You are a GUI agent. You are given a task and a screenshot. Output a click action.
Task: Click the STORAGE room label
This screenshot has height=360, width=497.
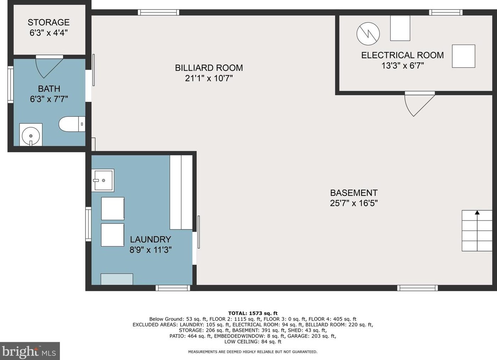click(49, 22)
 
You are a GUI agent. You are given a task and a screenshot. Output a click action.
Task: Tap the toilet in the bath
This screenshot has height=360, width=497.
click(72, 124)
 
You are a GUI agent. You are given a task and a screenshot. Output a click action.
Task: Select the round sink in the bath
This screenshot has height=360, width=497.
click(31, 135)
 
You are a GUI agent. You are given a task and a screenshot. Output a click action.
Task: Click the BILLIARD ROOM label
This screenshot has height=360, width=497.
click(209, 68)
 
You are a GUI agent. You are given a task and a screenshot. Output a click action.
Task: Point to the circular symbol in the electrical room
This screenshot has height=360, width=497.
click(368, 34)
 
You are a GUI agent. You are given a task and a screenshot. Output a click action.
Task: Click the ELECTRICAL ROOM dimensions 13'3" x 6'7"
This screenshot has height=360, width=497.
click(403, 66)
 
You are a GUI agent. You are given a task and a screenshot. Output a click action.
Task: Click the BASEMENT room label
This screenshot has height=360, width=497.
click(354, 193)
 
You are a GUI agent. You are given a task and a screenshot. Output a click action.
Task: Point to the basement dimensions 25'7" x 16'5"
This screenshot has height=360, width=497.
click(354, 203)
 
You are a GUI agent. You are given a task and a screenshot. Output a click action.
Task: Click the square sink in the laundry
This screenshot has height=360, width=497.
click(103, 180)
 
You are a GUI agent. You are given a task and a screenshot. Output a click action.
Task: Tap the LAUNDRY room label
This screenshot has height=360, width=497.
click(150, 239)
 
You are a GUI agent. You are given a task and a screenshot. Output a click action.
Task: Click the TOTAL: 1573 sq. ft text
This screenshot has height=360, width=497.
click(253, 313)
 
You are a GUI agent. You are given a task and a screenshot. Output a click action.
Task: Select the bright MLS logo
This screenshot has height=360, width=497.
click(30, 351)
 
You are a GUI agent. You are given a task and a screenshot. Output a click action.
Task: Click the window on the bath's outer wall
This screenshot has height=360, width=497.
click(10, 84)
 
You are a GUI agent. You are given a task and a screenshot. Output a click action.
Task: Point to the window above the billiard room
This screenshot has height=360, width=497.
click(159, 12)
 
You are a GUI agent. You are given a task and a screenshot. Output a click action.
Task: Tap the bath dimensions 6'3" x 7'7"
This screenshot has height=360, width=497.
click(49, 99)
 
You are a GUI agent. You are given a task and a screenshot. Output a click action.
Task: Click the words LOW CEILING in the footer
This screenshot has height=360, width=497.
click(241, 342)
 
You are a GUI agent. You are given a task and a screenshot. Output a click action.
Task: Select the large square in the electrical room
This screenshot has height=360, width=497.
click(464, 56)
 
